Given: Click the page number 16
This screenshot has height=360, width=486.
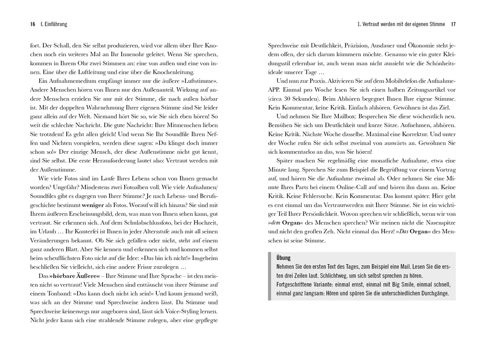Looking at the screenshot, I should [32, 24].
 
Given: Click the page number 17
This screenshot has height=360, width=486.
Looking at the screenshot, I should [453, 24].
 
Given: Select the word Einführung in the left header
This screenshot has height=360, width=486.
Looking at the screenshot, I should [54, 24].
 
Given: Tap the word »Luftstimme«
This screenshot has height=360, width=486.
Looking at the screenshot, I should [201, 81].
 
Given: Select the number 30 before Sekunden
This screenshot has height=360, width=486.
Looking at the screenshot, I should [288, 98].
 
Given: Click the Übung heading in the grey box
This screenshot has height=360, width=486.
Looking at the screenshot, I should [283, 258].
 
